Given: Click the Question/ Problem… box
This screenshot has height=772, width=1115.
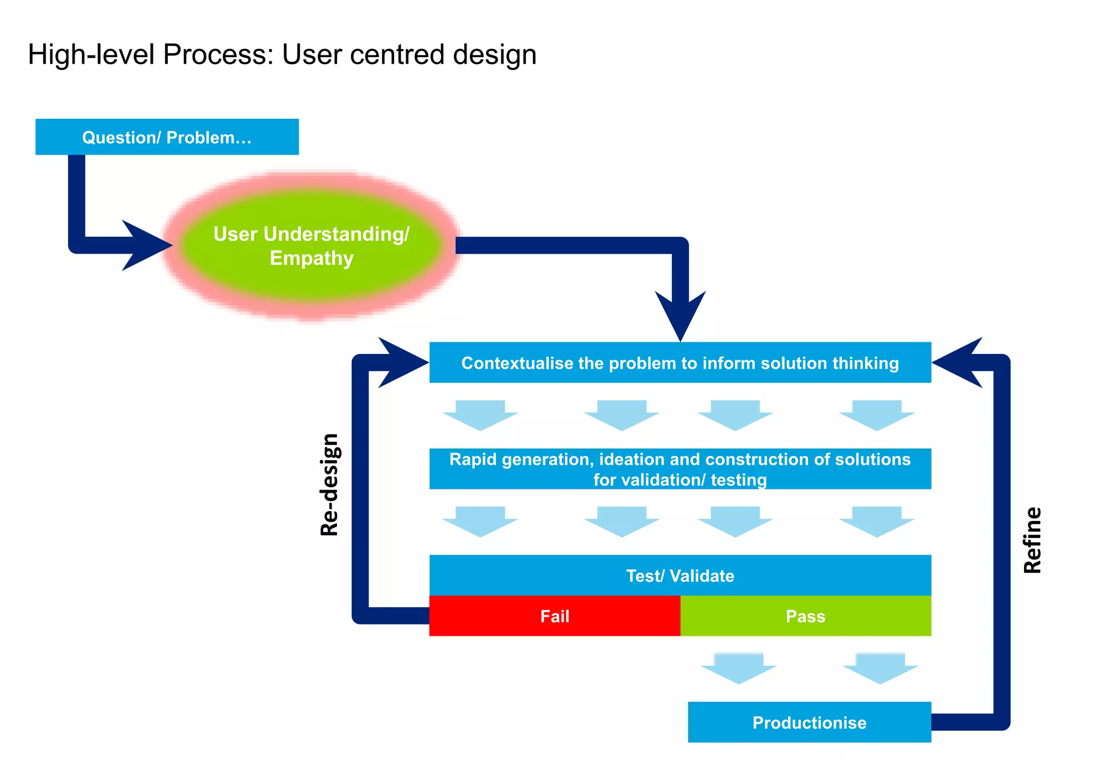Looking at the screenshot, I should coord(167,137).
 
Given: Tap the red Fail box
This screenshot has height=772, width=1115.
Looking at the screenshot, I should coord(554,616).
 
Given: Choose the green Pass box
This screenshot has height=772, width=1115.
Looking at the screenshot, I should coord(805,616).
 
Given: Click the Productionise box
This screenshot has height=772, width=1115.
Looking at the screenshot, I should coord(809,722).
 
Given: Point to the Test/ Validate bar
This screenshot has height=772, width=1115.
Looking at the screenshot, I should coord(680,575).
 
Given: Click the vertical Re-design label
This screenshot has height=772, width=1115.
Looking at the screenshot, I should coord(329,485).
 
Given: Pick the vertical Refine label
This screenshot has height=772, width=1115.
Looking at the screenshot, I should coord(1032,540).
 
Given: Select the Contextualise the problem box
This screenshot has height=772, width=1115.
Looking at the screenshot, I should coord(680,363).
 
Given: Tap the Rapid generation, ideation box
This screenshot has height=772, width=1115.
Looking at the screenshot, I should coord(680,469).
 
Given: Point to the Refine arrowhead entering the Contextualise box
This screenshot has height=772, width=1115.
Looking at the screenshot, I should coord(959,362).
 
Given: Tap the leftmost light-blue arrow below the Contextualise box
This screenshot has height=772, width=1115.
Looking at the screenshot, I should coord(480,415).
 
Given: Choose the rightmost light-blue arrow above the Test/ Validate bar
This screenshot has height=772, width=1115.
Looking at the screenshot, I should coord(877,521).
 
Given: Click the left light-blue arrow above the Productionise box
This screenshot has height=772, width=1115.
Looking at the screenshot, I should coord(739,668).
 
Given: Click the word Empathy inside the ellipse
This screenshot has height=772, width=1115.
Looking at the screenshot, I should coord(311,258).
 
